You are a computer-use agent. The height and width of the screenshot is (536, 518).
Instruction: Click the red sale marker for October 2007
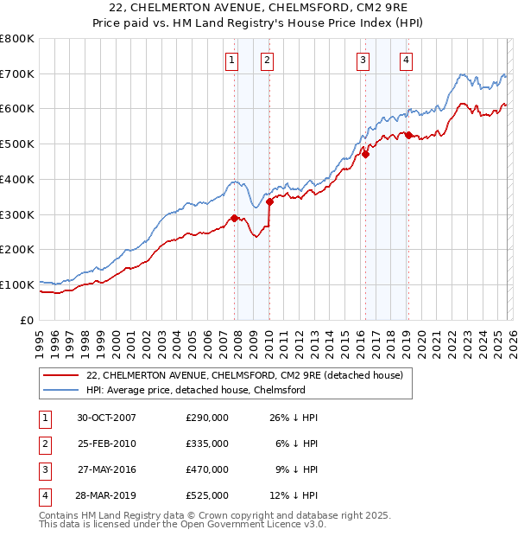pyautogui.click(x=234, y=218)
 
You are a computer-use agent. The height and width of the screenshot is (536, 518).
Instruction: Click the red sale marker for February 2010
pyautogui.click(x=269, y=201)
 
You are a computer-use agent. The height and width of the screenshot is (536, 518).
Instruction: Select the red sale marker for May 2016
pyautogui.click(x=365, y=155)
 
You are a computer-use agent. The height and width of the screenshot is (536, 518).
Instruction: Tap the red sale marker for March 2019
pyautogui.click(x=408, y=135)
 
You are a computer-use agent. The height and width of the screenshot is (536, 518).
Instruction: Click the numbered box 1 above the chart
pyautogui.click(x=232, y=60)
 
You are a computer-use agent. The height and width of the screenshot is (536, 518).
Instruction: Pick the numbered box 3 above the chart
pyautogui.click(x=362, y=60)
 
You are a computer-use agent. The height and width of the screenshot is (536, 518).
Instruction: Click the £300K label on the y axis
pyautogui.click(x=17, y=214)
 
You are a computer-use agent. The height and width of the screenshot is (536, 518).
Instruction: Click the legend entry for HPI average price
pyautogui.click(x=195, y=390)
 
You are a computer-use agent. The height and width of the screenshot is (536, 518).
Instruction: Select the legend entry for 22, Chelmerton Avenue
pyautogui.click(x=244, y=374)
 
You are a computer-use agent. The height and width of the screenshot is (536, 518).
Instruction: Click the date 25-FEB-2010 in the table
pyautogui.click(x=106, y=443)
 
